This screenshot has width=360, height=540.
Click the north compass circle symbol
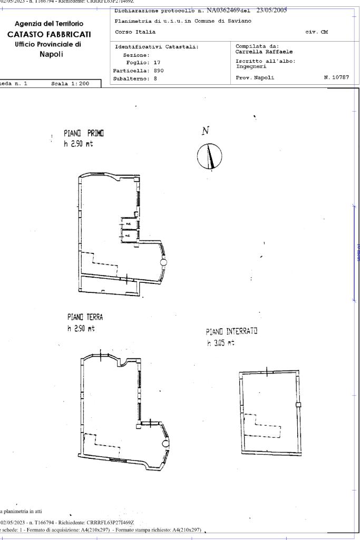210,156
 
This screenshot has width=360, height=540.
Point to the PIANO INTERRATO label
231,332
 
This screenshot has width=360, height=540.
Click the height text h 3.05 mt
221,343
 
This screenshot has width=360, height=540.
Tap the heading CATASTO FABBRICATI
53,34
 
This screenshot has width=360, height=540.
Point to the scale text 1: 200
79,84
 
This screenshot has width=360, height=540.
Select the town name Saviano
237,21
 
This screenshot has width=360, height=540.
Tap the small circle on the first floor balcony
163,262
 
